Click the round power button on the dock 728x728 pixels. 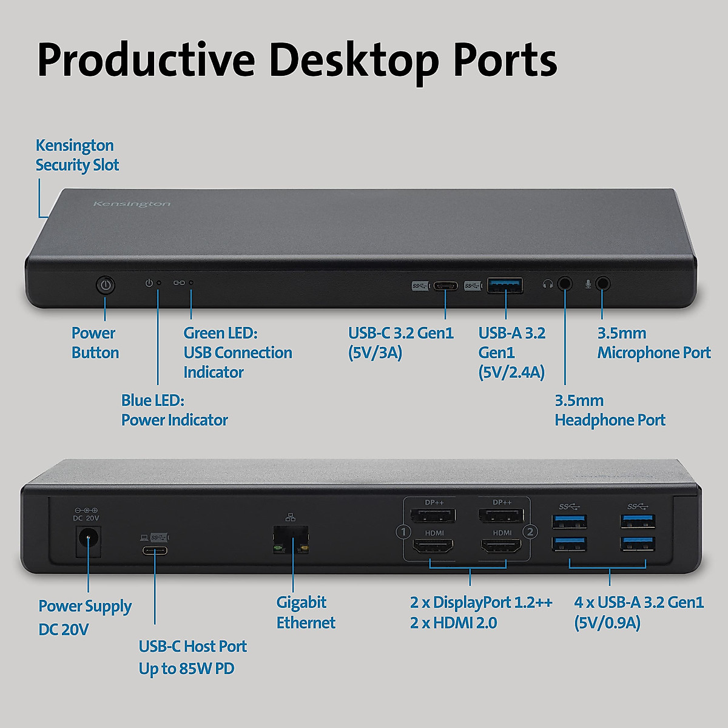[106, 285]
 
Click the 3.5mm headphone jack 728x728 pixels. [565, 283]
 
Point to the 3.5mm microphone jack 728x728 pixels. [602, 283]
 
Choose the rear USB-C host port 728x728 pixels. [155, 551]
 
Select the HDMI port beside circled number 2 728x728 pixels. [501, 548]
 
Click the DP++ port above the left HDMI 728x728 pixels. [433, 516]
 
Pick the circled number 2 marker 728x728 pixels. [530, 532]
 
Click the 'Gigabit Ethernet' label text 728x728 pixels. [305, 612]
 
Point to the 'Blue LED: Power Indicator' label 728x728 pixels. [174, 410]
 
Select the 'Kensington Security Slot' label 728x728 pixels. [77, 155]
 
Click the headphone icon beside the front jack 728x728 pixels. [548, 284]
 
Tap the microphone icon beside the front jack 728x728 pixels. [587, 284]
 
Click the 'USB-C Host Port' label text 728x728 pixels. [192, 646]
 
